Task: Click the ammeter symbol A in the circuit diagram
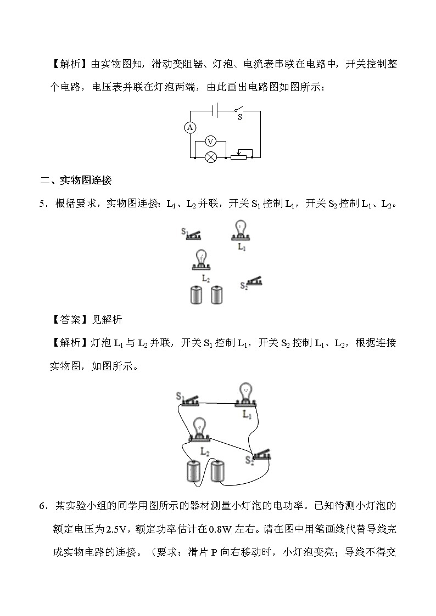coord(190,127)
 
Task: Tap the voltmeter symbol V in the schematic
coord(210,142)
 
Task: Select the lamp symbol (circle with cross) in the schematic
coord(210,157)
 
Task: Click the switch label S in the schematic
coord(239,117)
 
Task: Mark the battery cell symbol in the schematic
coord(217,110)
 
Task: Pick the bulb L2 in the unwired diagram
coord(202,260)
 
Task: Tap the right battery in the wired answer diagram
coord(219,471)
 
